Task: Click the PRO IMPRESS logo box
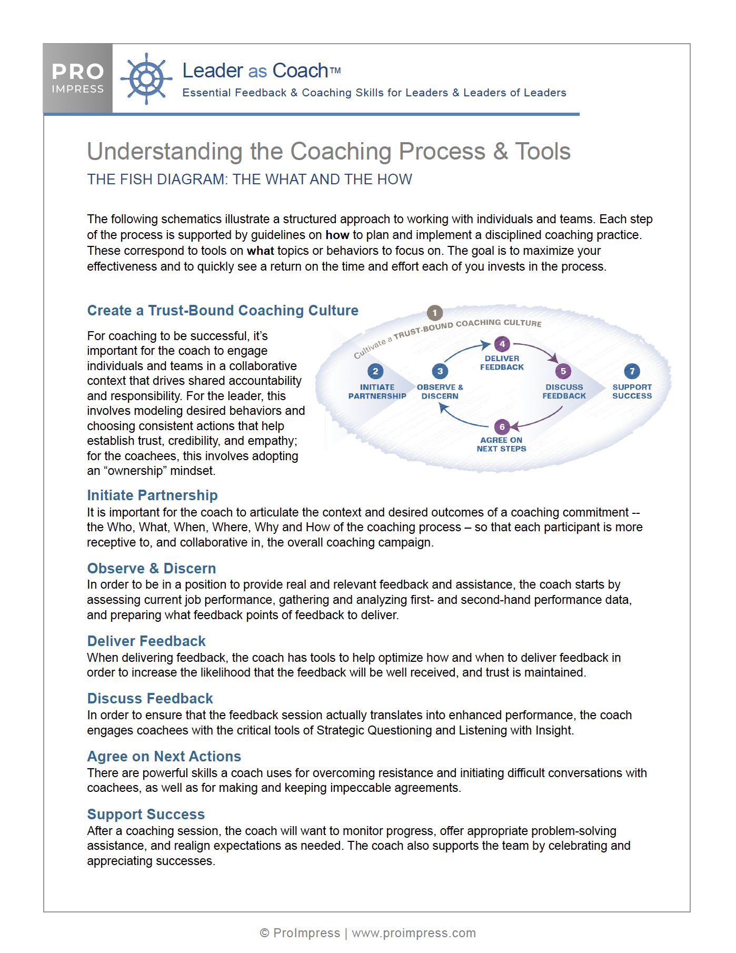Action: [x=78, y=78]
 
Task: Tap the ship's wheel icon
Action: [x=146, y=79]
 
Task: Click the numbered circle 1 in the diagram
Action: [x=434, y=313]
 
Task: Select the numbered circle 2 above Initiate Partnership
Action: [x=375, y=371]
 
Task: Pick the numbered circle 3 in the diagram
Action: [x=440, y=371]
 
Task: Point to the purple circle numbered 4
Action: [x=502, y=344]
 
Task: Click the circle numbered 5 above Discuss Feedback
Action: [x=563, y=371]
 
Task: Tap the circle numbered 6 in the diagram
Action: [x=502, y=426]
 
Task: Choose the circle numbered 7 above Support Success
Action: [x=632, y=371]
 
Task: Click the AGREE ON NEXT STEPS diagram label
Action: [x=501, y=444]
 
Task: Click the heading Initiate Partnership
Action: [x=152, y=495]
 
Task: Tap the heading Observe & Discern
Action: [x=152, y=569]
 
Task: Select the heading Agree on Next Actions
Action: [x=164, y=757]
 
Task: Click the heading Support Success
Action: [x=146, y=815]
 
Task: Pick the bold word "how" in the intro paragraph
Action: [x=337, y=235]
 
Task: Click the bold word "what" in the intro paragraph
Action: [x=261, y=251]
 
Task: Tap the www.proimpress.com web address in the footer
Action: [x=414, y=933]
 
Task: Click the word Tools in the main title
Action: [x=542, y=152]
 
